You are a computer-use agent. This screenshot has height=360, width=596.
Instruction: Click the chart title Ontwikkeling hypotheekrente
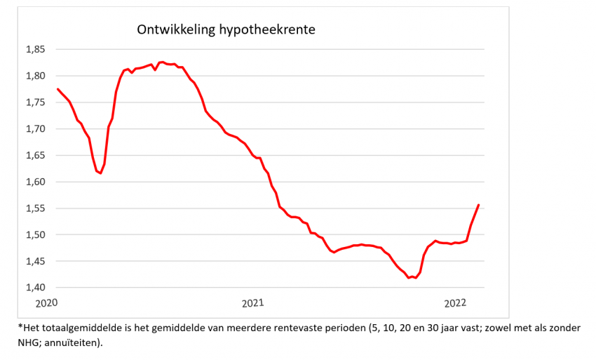click(x=225, y=30)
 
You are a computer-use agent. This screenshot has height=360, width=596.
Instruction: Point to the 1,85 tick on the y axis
click(x=36, y=49)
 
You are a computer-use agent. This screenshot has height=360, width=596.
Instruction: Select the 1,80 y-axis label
click(x=36, y=76)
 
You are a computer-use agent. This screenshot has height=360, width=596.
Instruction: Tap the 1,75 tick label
click(x=36, y=102)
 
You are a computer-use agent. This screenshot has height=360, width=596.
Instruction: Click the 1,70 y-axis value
click(x=36, y=129)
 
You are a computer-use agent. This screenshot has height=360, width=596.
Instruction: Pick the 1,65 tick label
click(x=36, y=155)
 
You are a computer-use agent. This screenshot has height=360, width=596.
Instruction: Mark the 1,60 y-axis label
click(x=36, y=182)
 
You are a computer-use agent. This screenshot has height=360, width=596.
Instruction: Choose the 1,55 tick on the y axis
click(x=36, y=208)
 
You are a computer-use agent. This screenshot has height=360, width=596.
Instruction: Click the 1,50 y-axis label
click(x=36, y=234)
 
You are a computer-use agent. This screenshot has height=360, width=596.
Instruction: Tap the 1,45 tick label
click(x=36, y=261)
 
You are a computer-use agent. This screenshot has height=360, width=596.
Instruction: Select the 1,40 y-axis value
click(x=36, y=288)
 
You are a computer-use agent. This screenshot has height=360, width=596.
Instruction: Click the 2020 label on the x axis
click(x=46, y=303)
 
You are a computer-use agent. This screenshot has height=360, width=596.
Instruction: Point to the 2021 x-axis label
click(x=252, y=303)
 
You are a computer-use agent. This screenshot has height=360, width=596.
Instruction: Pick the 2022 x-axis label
click(x=456, y=303)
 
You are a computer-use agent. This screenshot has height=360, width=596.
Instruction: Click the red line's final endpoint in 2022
click(x=478, y=205)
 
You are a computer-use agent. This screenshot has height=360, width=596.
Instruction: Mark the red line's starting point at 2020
click(x=57, y=89)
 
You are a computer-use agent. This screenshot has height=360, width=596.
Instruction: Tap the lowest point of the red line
click(x=409, y=278)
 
